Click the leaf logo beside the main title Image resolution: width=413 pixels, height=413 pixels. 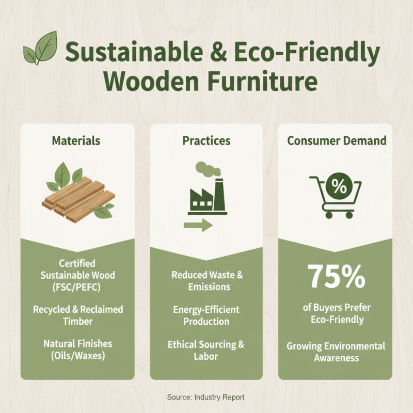point(41,48)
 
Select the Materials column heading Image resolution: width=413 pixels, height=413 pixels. point(77,140)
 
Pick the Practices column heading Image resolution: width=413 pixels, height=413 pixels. point(206,140)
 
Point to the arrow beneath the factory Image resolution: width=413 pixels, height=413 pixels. point(198,225)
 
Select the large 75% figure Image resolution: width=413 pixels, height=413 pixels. point(337,277)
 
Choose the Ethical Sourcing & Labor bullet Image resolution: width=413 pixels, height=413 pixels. point(206,350)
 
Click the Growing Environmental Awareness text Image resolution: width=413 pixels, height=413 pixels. point(336,352)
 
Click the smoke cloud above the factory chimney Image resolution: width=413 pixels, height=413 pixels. point(204,168)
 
